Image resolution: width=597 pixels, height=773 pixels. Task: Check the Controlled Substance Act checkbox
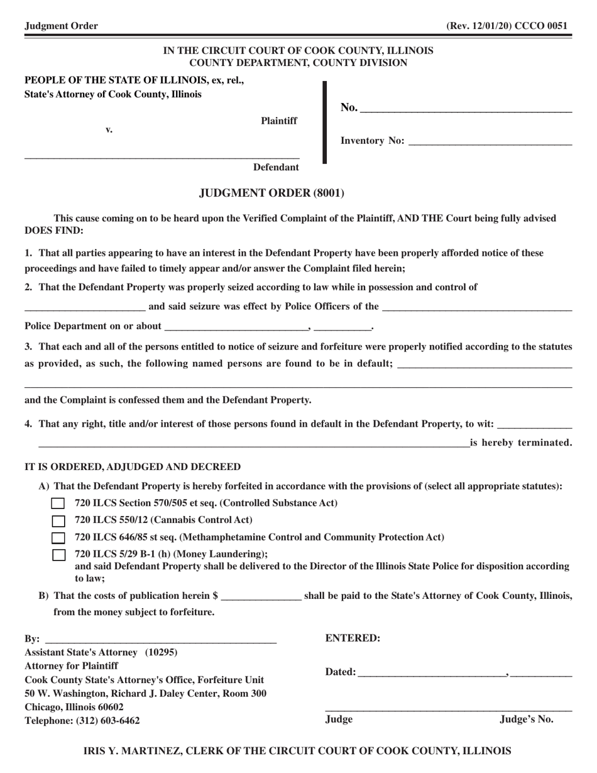[58, 503]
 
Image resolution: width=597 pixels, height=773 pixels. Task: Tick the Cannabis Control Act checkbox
[58, 520]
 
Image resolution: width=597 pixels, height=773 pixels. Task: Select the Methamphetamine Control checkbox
[58, 537]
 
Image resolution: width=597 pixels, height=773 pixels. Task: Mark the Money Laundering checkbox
[58, 554]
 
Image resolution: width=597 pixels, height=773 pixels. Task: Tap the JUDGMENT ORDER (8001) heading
[271, 193]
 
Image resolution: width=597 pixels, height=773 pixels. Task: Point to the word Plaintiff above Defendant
[279, 121]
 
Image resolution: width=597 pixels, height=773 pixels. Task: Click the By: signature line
[160, 639]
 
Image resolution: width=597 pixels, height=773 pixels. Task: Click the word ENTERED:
[353, 639]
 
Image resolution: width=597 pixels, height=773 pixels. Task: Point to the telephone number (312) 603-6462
[108, 721]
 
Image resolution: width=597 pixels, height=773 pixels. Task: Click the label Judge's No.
[527, 720]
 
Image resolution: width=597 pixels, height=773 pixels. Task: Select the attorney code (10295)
[162, 652]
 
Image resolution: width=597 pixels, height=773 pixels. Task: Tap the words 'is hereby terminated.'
[521, 442]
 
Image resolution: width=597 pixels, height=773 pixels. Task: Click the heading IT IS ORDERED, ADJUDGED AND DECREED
[133, 467]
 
